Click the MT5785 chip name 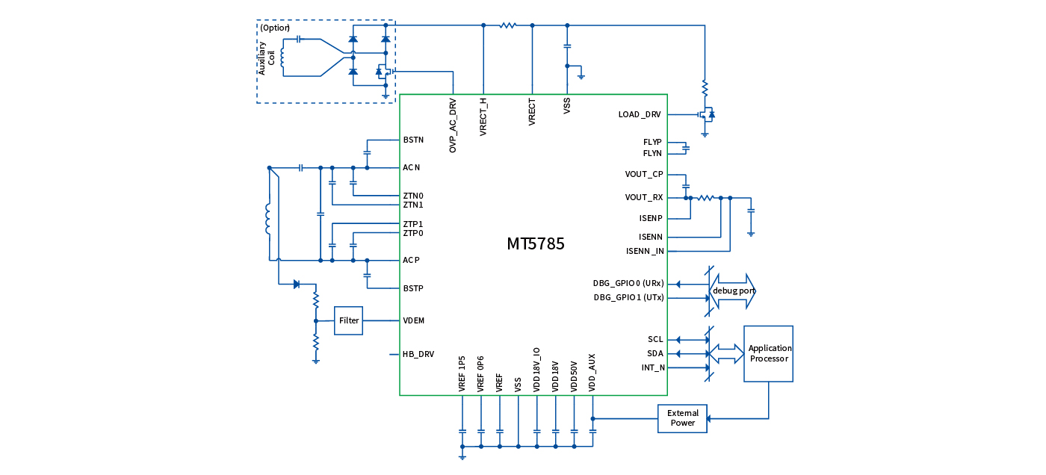(535, 244)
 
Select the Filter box (348, 320)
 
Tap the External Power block (682, 418)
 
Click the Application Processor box (769, 353)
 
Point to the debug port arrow (732, 291)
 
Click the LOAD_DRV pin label (640, 115)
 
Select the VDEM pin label (413, 320)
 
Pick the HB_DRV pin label (418, 354)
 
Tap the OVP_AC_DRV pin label (453, 125)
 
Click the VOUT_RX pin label (644, 198)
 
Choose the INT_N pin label (653, 368)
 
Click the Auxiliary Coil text (267, 58)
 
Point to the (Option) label (275, 28)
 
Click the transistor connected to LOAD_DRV (706, 115)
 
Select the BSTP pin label (413, 288)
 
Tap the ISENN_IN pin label (646, 251)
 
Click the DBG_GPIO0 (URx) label (628, 283)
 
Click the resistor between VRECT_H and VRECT (508, 25)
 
